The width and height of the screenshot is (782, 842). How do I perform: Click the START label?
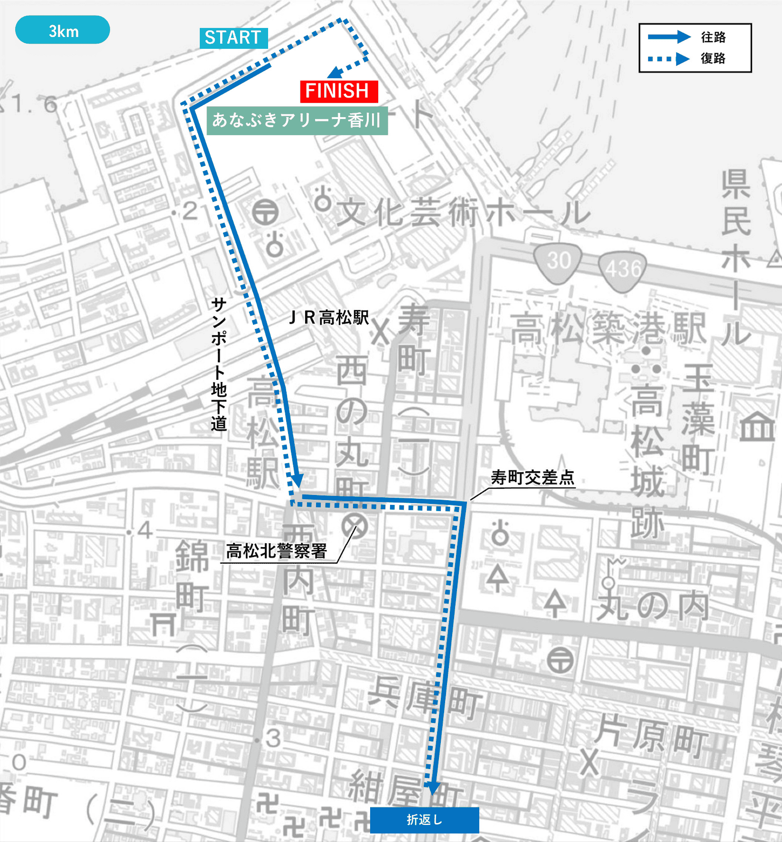[x=233, y=38]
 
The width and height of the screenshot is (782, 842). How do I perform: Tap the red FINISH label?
[x=339, y=91]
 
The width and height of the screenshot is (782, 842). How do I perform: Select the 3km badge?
[x=63, y=30]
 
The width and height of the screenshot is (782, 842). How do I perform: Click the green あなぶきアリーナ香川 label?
[x=297, y=120]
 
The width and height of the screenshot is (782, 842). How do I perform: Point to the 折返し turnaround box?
[x=424, y=820]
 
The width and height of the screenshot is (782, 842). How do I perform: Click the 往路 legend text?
[x=713, y=37]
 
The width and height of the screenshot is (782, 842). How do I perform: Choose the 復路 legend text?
[x=713, y=58]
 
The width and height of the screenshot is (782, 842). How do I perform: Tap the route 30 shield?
[x=558, y=261]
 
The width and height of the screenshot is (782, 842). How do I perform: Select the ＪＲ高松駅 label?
[x=329, y=317]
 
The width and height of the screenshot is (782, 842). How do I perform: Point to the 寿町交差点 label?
[x=532, y=477]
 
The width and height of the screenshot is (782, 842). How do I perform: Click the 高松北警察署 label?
[x=277, y=551]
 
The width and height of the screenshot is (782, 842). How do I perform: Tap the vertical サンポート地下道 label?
[x=219, y=364]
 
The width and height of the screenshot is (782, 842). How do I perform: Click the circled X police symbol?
[x=354, y=526]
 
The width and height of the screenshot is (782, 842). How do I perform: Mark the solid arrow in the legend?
[x=669, y=37]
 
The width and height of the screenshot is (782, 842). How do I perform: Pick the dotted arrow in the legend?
[x=669, y=59]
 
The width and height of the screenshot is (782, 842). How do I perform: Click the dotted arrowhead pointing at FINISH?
[x=336, y=72]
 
